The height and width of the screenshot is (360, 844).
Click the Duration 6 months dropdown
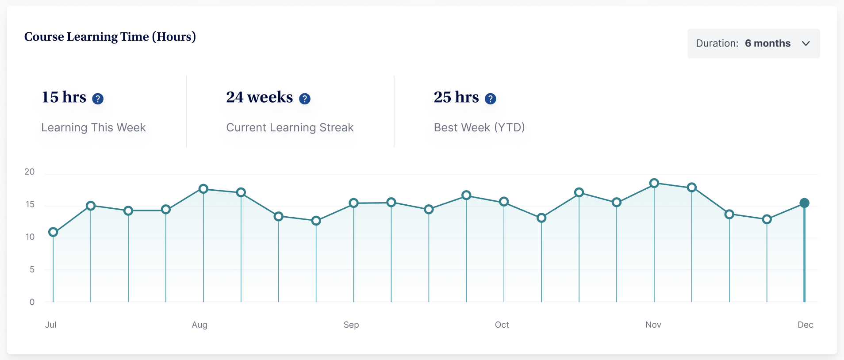[x=753, y=43]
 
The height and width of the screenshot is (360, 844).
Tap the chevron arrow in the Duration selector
[x=806, y=43]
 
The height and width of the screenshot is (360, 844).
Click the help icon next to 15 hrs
[x=98, y=99]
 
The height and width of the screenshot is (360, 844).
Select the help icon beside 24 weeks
[x=305, y=99]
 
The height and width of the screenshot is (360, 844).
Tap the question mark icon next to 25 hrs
[x=490, y=99]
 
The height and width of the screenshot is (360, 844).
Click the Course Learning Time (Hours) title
[x=110, y=37]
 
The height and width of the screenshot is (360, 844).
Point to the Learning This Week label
[x=93, y=127]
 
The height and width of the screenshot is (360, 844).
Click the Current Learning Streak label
[x=290, y=127]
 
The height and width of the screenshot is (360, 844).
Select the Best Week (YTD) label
[x=479, y=127]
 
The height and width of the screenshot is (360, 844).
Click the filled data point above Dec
[x=804, y=203]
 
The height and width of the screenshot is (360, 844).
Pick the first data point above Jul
[x=53, y=232]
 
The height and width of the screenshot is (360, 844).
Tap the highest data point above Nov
[x=654, y=183]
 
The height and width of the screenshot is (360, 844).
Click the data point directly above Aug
[x=203, y=189]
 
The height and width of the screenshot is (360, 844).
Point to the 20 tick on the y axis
[x=30, y=172]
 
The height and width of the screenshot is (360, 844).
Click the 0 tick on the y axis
[x=32, y=302]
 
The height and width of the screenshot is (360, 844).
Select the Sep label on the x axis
[x=351, y=325]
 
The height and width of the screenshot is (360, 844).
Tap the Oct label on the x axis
[x=502, y=325]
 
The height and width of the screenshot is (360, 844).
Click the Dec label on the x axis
[x=805, y=325]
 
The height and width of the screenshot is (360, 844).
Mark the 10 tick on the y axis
[x=30, y=237]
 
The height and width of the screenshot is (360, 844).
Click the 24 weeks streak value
[x=259, y=97]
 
